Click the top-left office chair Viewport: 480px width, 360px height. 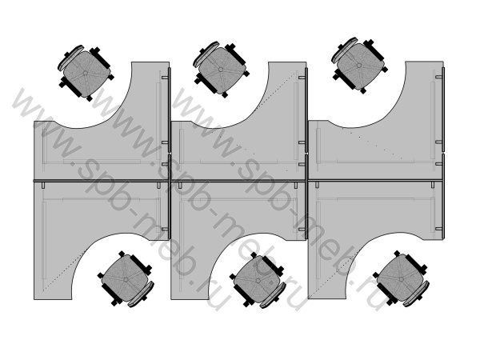(x=85, y=73)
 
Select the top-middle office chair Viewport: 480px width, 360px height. (x=221, y=69)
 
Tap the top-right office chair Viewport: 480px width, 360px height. (x=358, y=66)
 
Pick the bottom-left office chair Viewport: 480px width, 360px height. (x=126, y=279)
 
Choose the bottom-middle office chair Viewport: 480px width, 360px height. (x=258, y=280)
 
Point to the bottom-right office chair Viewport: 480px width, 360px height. (x=402, y=278)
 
